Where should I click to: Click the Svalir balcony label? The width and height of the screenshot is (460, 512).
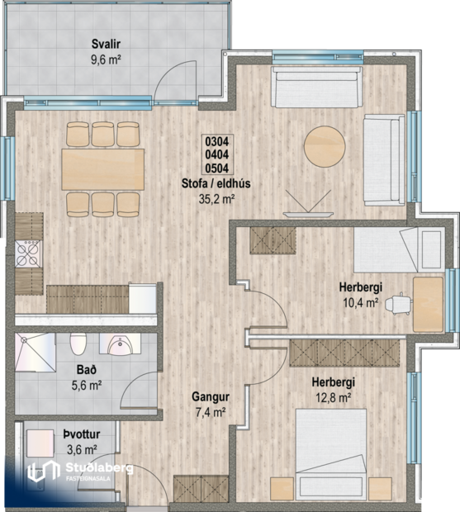pos(105,45)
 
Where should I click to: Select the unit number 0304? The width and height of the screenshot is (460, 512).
pos(216,141)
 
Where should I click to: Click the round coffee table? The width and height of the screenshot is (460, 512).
pos(325,148)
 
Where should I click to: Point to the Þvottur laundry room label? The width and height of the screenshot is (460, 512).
pos(79,436)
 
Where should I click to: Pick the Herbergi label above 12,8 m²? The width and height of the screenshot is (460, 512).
pos(333,382)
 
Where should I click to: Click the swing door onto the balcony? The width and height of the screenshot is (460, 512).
pos(175,83)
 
